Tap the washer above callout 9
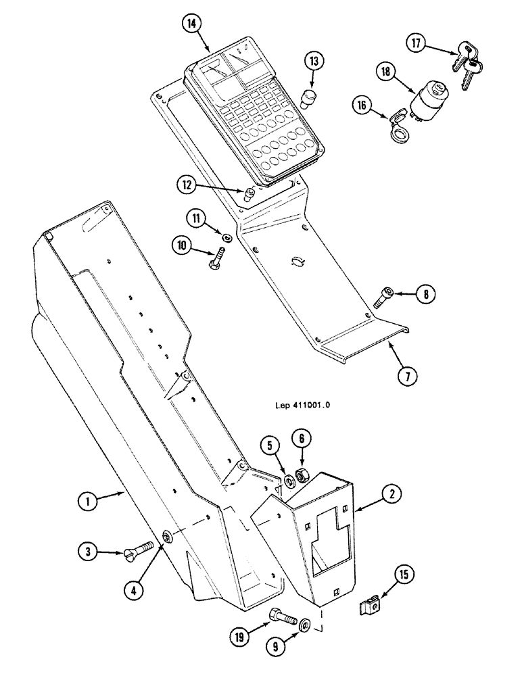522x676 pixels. [305, 623]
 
